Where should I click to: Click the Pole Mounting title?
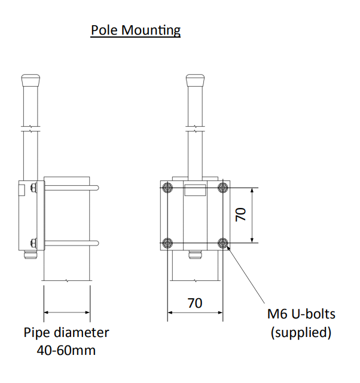[135, 30]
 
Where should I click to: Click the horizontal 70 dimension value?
[195, 303]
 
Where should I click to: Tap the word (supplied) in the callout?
[301, 332]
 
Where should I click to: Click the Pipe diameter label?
[66, 332]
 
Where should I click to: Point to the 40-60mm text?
[66, 350]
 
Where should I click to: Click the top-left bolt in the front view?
[167, 188]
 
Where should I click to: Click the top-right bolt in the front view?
[223, 188]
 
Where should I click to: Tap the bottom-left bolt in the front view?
[167, 243]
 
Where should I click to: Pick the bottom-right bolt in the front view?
[223, 243]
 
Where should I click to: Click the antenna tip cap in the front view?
[195, 80]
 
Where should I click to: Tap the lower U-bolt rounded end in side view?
[96, 243]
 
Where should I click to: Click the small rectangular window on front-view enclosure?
[195, 190]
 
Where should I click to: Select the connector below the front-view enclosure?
[195, 256]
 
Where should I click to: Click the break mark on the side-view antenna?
[30, 128]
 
